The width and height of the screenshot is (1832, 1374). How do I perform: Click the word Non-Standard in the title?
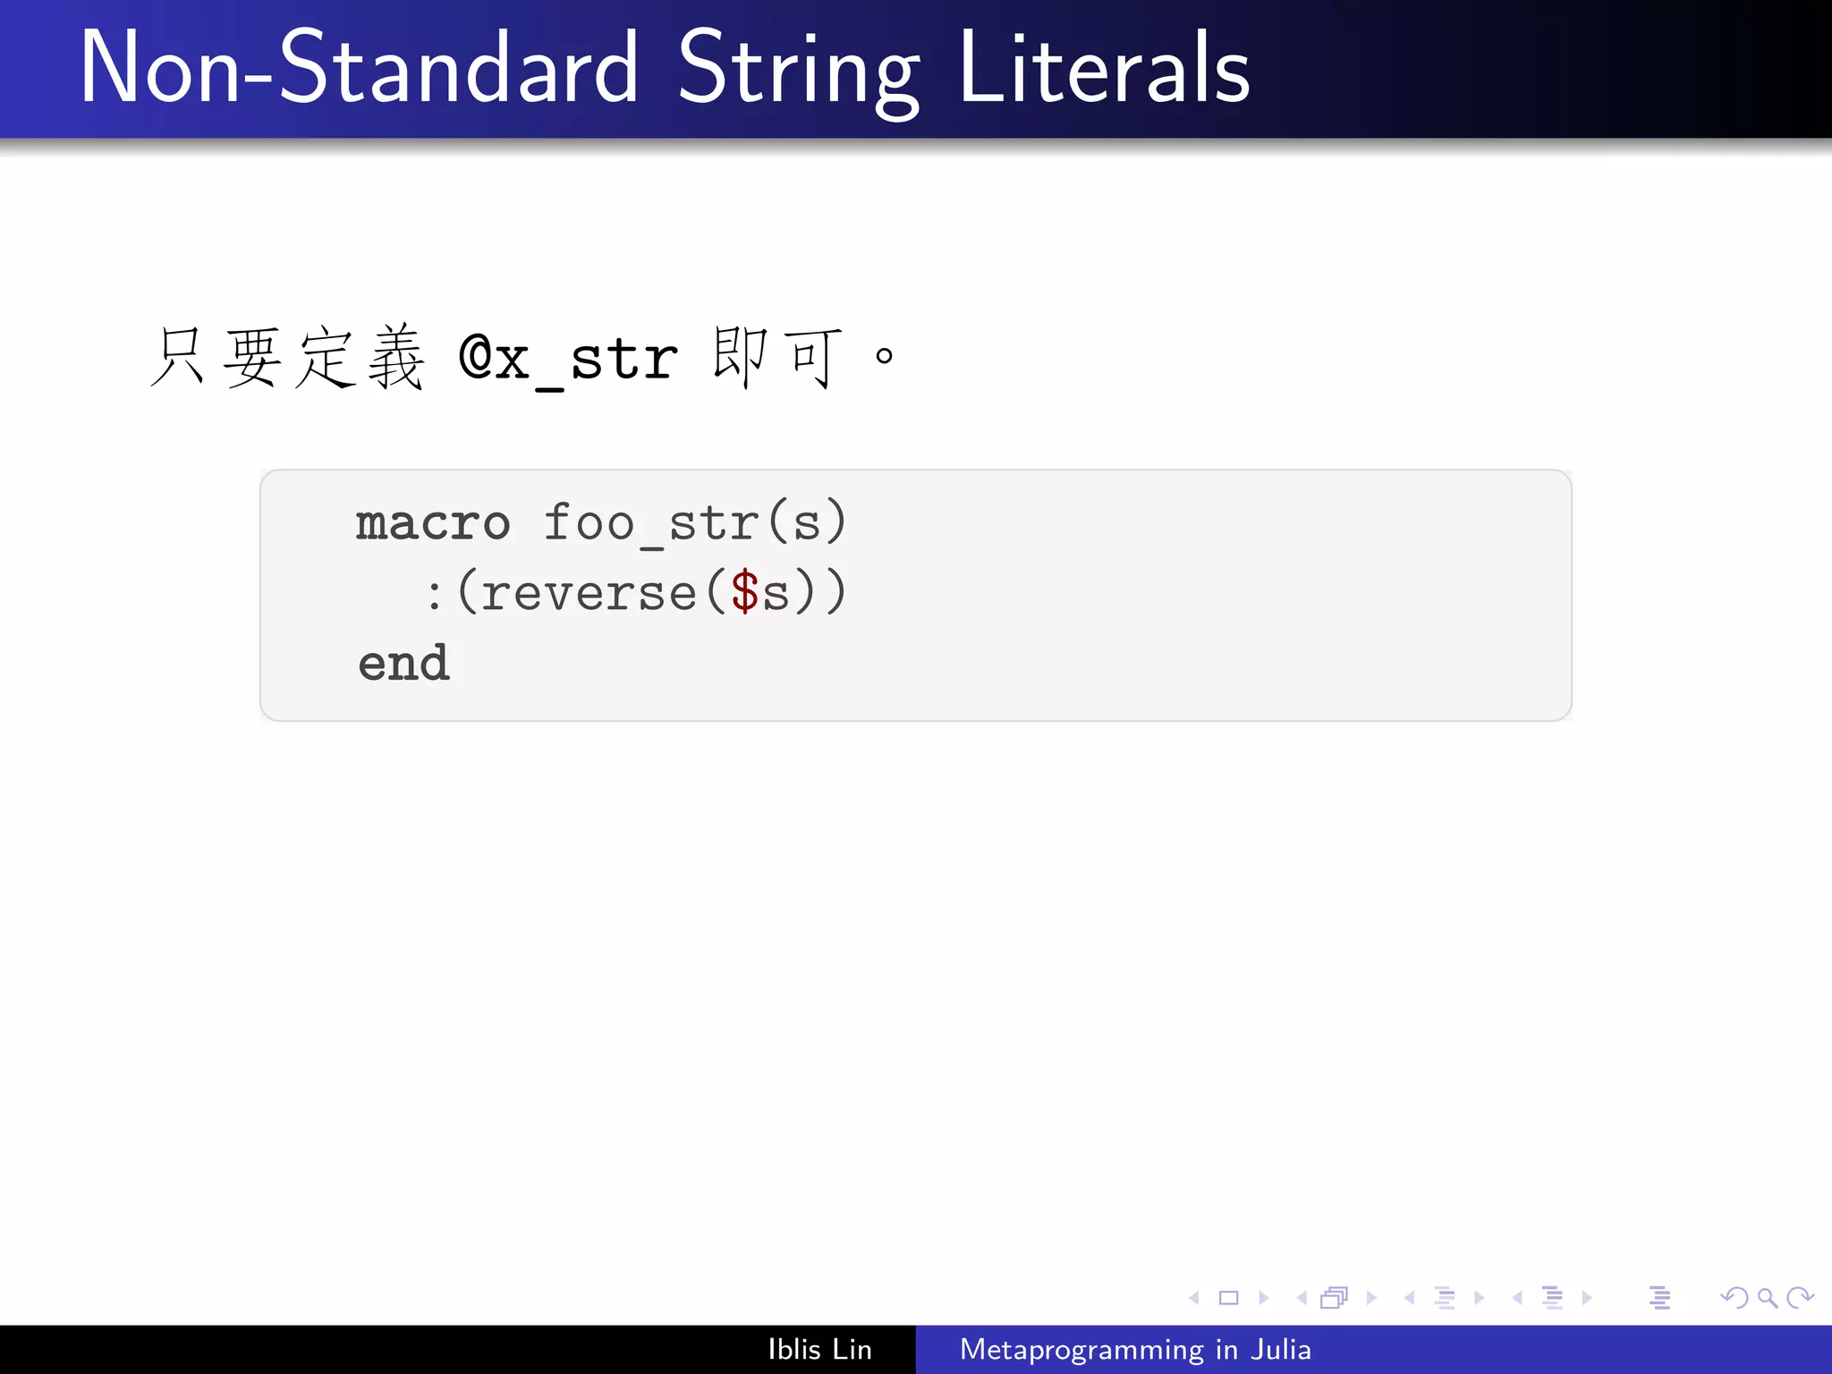coord(358,68)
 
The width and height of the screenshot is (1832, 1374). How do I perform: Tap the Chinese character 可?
coord(813,358)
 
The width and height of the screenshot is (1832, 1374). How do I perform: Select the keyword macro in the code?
coord(433,522)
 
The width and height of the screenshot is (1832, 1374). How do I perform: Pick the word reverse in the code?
coord(588,593)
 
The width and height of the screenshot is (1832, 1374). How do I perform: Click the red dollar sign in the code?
coord(744,593)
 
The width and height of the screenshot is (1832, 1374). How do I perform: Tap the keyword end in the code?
coord(403,664)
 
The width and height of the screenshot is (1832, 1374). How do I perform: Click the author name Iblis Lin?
coord(819,1349)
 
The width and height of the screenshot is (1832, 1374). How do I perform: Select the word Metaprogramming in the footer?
coord(1081,1349)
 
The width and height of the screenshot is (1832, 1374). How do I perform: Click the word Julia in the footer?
coord(1280,1349)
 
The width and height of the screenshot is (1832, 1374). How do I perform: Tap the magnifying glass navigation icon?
coord(1767,1297)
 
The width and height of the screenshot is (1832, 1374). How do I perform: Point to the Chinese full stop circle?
coord(884,356)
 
